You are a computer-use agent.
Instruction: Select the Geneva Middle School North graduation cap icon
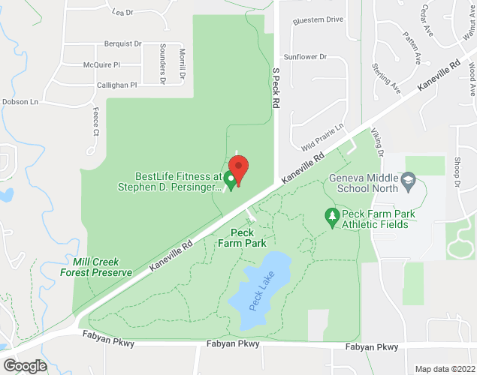(x=408, y=179)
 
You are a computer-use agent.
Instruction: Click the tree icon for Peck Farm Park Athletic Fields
(x=331, y=216)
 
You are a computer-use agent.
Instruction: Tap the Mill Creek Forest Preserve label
(x=96, y=266)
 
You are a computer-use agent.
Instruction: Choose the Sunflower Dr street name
(x=305, y=56)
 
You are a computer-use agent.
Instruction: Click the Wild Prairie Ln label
(x=322, y=136)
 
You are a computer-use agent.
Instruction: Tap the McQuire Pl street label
(x=101, y=64)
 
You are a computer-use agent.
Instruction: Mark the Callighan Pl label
(x=116, y=85)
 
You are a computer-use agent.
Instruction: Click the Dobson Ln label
(x=20, y=102)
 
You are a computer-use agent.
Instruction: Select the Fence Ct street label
(x=96, y=121)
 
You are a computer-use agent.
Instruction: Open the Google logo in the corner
(x=25, y=366)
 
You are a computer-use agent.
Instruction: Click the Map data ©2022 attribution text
(x=445, y=369)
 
